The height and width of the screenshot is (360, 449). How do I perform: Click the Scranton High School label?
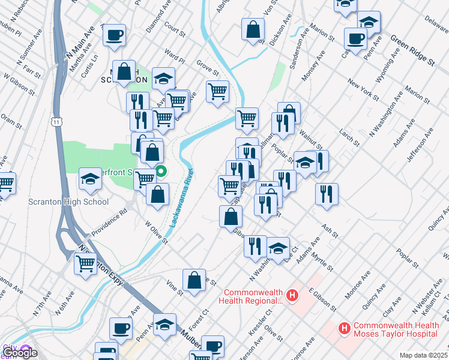coord(68,202)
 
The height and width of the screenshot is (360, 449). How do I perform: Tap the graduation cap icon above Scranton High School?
coord(90,178)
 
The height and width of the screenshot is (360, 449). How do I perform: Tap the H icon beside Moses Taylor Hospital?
coord(345,328)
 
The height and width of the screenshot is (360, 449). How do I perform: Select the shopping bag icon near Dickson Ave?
coord(253,29)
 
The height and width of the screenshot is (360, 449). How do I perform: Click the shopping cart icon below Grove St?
coord(217,92)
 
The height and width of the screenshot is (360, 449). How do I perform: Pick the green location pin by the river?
coord(161,173)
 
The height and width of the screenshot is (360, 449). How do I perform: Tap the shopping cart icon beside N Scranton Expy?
coord(86,262)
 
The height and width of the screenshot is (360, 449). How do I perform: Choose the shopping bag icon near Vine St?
coord(194,280)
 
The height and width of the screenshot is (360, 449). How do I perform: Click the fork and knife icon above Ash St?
coord(327,193)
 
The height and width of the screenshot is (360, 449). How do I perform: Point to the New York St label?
coord(363,89)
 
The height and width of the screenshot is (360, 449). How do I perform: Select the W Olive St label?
coord(155,231)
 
